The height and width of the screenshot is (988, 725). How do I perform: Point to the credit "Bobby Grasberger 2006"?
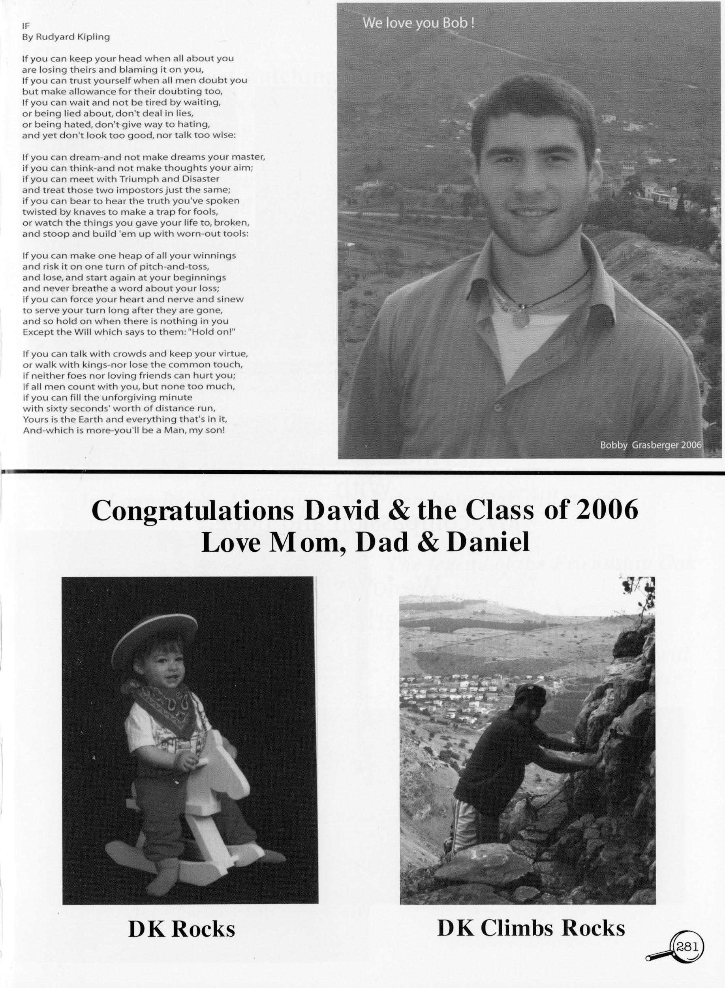(x=651, y=445)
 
